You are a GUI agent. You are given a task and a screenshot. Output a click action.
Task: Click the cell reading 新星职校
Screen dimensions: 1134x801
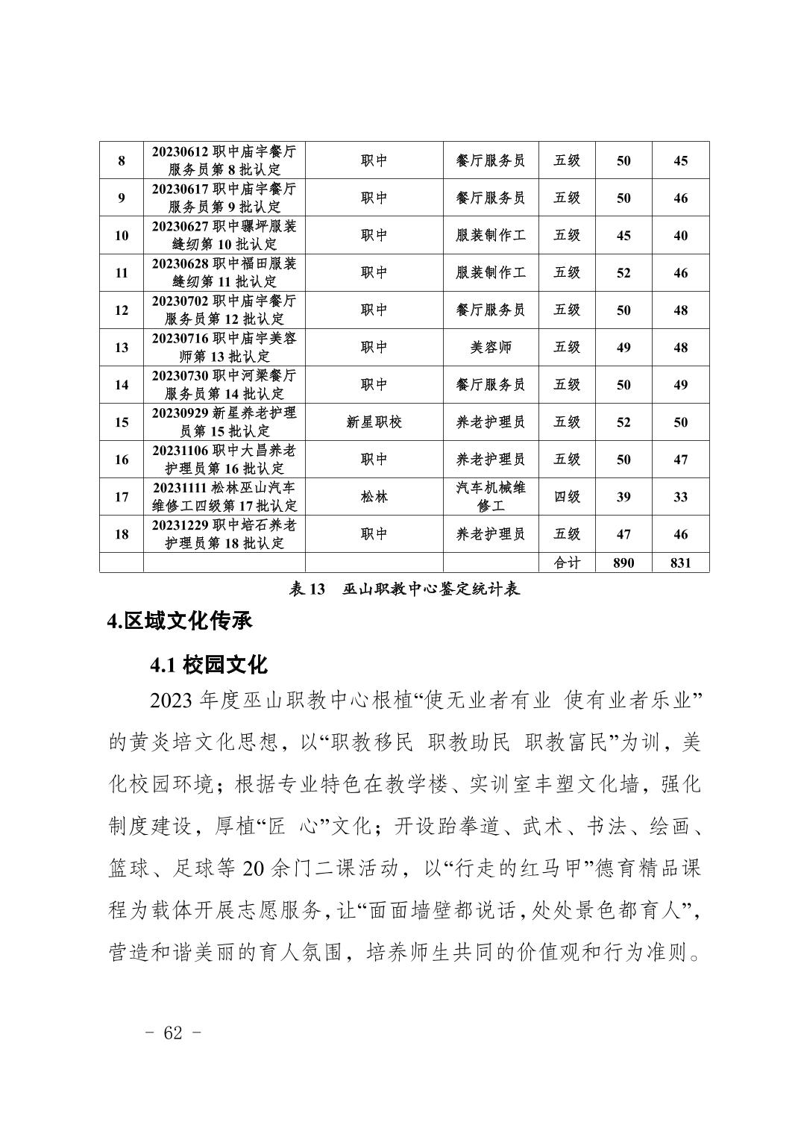point(374,422)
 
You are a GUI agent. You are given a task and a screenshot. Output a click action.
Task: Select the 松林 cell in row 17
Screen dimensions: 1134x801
point(374,496)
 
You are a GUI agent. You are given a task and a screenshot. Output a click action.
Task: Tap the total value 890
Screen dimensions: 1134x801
point(623,563)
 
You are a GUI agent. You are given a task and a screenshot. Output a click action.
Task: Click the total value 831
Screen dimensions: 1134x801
point(680,563)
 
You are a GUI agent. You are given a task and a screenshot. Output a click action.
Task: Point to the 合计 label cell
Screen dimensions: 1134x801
point(567,563)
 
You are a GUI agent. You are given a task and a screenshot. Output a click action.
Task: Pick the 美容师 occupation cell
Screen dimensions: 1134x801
point(490,347)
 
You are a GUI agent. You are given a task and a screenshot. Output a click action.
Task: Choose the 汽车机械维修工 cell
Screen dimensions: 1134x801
point(490,496)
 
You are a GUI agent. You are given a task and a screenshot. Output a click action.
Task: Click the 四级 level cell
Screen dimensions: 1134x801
point(567,496)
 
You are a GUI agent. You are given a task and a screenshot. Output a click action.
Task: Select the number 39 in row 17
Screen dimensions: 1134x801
point(623,496)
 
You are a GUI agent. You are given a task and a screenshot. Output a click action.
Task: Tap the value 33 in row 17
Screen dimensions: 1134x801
point(680,496)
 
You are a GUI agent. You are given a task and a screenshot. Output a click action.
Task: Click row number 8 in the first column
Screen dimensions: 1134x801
point(122,160)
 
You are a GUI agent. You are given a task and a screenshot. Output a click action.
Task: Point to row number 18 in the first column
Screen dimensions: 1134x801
point(122,534)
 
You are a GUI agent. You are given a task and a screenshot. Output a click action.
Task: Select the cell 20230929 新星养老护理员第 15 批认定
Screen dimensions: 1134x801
point(224,422)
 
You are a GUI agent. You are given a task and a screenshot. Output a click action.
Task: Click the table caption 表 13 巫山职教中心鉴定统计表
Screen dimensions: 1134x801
point(404,589)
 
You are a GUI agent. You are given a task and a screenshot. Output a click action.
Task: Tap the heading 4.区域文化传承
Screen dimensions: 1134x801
point(180,621)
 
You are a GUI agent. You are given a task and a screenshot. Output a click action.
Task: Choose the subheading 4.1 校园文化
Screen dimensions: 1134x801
point(208,663)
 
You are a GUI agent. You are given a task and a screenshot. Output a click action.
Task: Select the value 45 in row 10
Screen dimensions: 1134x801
point(623,235)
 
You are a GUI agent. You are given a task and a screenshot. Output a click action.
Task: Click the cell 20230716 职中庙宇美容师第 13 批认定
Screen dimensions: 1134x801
point(224,347)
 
